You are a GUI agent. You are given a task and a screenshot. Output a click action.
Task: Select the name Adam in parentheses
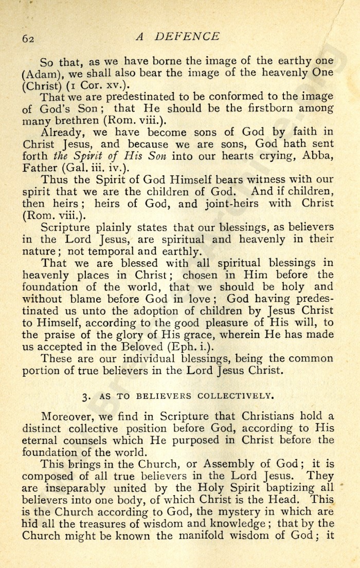pos(40,74)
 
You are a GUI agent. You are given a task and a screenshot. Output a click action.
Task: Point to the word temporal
pos(112,252)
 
